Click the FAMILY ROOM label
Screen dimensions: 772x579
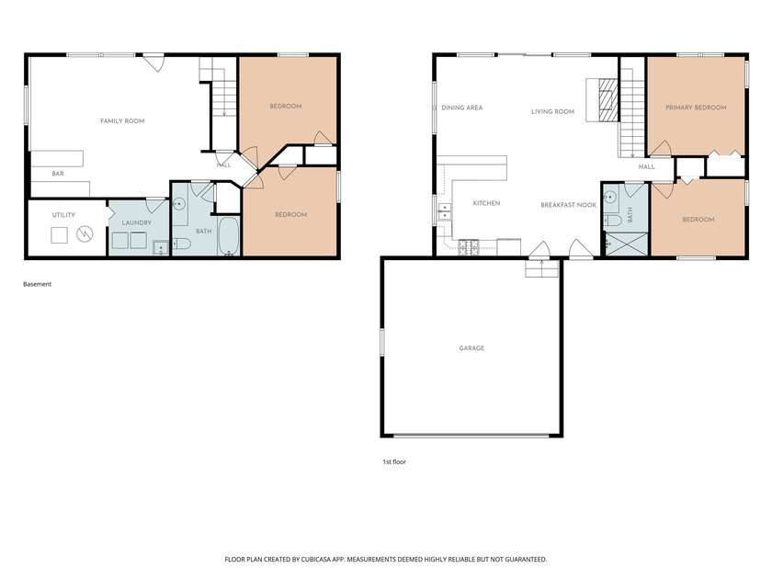coord(122,120)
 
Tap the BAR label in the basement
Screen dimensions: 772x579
coord(58,174)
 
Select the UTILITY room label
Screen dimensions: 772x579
coord(63,215)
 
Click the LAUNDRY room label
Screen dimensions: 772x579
coord(136,222)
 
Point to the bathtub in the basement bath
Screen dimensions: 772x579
coord(229,236)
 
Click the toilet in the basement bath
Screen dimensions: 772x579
coord(181,244)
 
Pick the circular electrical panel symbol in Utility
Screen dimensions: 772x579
coord(85,233)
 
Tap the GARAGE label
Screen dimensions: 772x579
coord(471,348)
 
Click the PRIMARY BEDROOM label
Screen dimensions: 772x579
coord(696,108)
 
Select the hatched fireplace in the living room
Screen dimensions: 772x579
coord(607,100)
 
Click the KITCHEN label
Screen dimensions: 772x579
coord(486,203)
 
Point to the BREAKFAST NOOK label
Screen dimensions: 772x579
coord(568,205)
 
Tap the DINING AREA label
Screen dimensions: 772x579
coord(461,108)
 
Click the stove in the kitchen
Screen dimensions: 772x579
coord(469,247)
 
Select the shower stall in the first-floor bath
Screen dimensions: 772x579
coord(626,244)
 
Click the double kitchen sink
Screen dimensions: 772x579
coord(445,211)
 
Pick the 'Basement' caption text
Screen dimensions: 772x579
coord(37,284)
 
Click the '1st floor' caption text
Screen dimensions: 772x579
coord(394,461)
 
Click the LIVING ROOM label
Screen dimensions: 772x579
coord(552,112)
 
